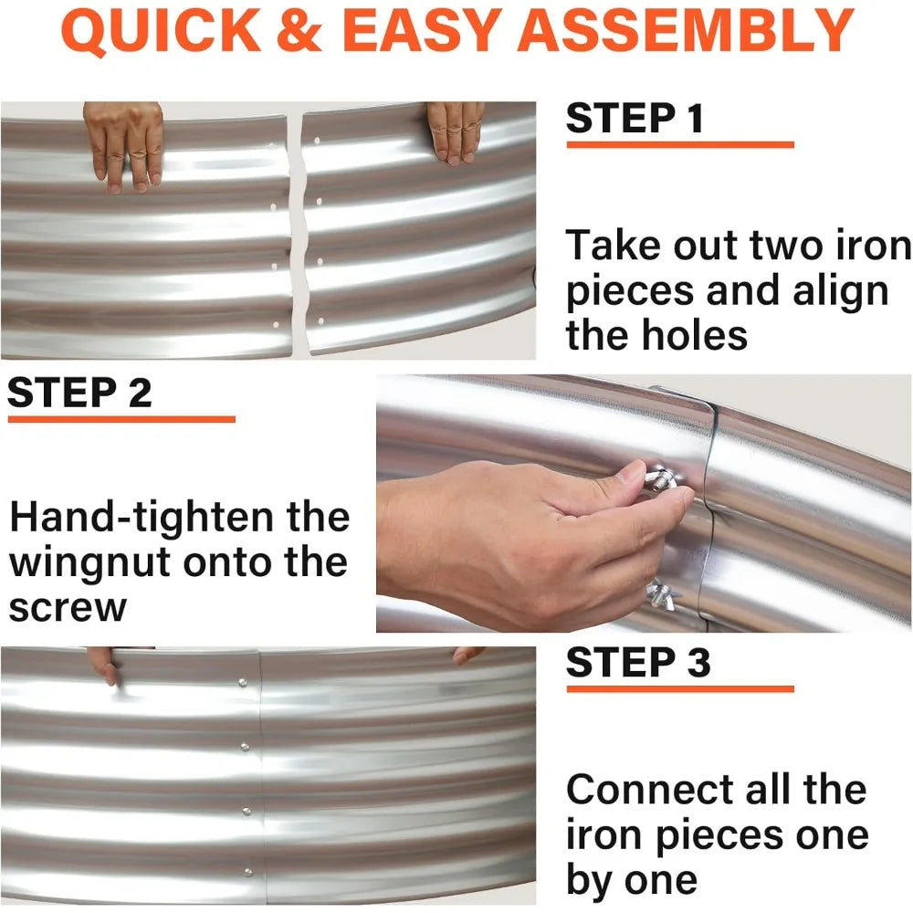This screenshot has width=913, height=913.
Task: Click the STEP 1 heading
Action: [x=635, y=120]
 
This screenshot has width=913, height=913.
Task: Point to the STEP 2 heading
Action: [x=79, y=393]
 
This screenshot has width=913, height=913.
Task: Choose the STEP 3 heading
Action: [x=637, y=663]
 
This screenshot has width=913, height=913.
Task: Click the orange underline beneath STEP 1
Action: [x=679, y=144]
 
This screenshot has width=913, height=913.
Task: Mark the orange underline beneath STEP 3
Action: [x=679, y=688]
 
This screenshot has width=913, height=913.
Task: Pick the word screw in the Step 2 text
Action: [x=68, y=606]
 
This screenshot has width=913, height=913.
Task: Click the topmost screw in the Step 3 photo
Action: [x=242, y=681]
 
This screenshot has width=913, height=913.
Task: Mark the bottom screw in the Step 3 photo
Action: [x=246, y=871]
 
